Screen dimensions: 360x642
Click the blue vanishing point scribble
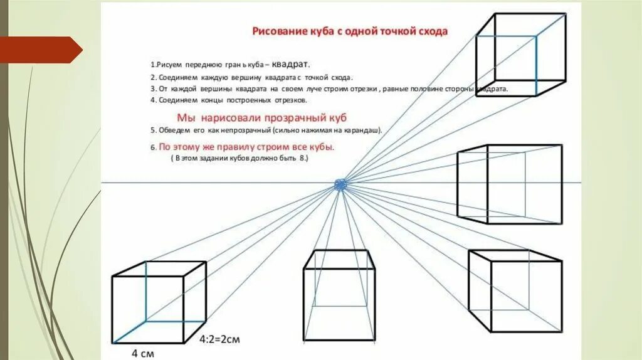(341, 184)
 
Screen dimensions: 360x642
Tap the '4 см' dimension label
(142, 353)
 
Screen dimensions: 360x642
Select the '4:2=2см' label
(220, 339)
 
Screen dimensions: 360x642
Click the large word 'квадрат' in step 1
(290, 64)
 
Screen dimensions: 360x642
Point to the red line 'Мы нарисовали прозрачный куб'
(261, 117)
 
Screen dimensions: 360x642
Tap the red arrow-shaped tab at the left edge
(40, 50)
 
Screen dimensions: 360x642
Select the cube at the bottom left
(159, 302)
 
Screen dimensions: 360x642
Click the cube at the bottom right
(515, 290)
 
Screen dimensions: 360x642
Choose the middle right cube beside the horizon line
(509, 183)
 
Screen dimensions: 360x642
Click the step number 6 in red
(152, 148)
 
